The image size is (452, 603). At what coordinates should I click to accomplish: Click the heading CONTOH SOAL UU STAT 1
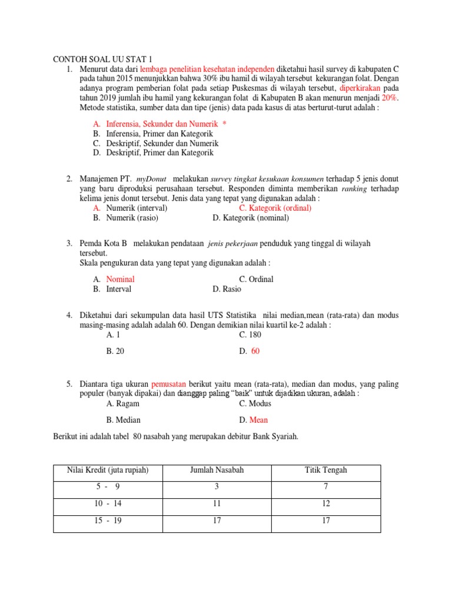pyautogui.click(x=102, y=59)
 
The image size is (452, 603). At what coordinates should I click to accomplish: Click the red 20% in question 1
pyautogui.click(x=390, y=98)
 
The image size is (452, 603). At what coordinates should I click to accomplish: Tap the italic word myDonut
pyautogui.click(x=152, y=178)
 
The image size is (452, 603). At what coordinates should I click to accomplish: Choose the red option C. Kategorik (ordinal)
pyautogui.click(x=275, y=208)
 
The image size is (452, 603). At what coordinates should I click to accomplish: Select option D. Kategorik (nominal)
pyautogui.click(x=251, y=217)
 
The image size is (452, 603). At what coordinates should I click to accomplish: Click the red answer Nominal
pyautogui.click(x=120, y=279)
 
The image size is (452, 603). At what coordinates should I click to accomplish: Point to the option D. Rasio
pyautogui.click(x=227, y=289)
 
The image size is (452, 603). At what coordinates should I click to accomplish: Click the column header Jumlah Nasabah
pyautogui.click(x=217, y=470)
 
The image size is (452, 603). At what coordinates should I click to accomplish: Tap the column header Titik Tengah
pyautogui.click(x=325, y=470)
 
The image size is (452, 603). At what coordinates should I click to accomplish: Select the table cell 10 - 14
pyautogui.click(x=108, y=503)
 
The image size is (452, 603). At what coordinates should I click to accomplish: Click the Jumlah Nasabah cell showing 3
pyautogui.click(x=217, y=486)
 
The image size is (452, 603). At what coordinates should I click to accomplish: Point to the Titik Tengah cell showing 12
pyautogui.click(x=325, y=503)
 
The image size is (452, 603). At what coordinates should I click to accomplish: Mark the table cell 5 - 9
pyautogui.click(x=108, y=486)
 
